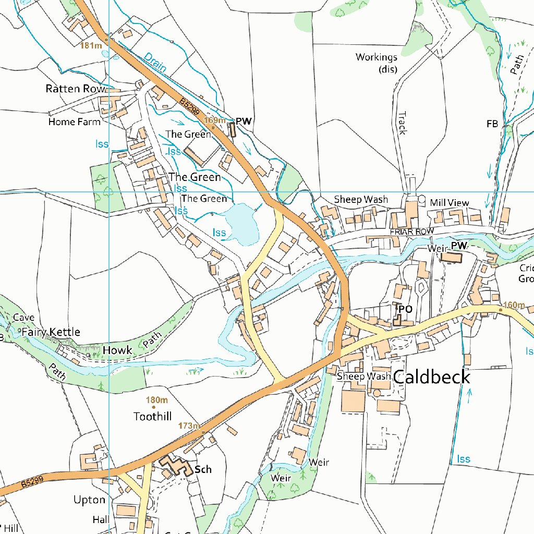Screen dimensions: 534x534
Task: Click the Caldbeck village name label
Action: [x=431, y=377]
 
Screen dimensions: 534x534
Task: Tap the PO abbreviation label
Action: [x=405, y=309]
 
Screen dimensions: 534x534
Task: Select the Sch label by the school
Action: [x=203, y=469]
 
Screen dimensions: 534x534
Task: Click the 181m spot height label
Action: [x=91, y=46]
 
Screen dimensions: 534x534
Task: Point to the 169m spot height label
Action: [x=214, y=120]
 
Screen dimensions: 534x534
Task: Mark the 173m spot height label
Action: [x=189, y=426]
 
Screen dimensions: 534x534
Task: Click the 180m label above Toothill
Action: [x=156, y=400]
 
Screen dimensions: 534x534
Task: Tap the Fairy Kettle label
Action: [x=51, y=332]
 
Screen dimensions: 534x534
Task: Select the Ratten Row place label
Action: [x=75, y=89]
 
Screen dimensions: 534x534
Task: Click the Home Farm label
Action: [x=74, y=122]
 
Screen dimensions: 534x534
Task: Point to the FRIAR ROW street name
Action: [x=411, y=231]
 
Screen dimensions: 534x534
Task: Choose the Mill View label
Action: [x=450, y=202]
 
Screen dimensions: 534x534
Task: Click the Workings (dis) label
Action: [x=377, y=63]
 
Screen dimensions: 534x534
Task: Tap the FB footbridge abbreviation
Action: [x=492, y=124]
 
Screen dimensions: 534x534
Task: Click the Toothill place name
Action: [x=152, y=416]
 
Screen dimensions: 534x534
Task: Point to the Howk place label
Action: [x=117, y=350]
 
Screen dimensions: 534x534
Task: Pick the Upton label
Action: [x=89, y=500]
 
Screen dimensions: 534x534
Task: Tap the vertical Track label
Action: [x=402, y=123]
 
